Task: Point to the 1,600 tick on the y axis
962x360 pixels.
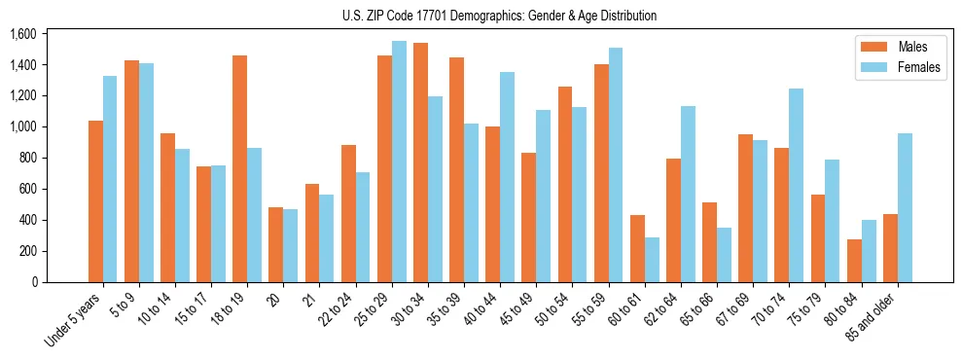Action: pyautogui.click(x=22, y=34)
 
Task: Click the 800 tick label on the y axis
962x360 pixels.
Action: pyautogui.click(x=27, y=158)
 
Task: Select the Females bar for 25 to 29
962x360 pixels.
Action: pyautogui.click(x=399, y=162)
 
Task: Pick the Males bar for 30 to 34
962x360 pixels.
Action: pyautogui.click(x=420, y=162)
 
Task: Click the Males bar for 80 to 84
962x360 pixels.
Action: pyautogui.click(x=854, y=261)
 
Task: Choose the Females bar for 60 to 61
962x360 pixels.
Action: pyautogui.click(x=652, y=260)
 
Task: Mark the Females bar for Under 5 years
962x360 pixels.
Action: pyautogui.click(x=110, y=179)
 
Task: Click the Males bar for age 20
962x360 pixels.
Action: pyautogui.click(x=275, y=244)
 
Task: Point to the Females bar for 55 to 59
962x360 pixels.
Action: pyautogui.click(x=616, y=164)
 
